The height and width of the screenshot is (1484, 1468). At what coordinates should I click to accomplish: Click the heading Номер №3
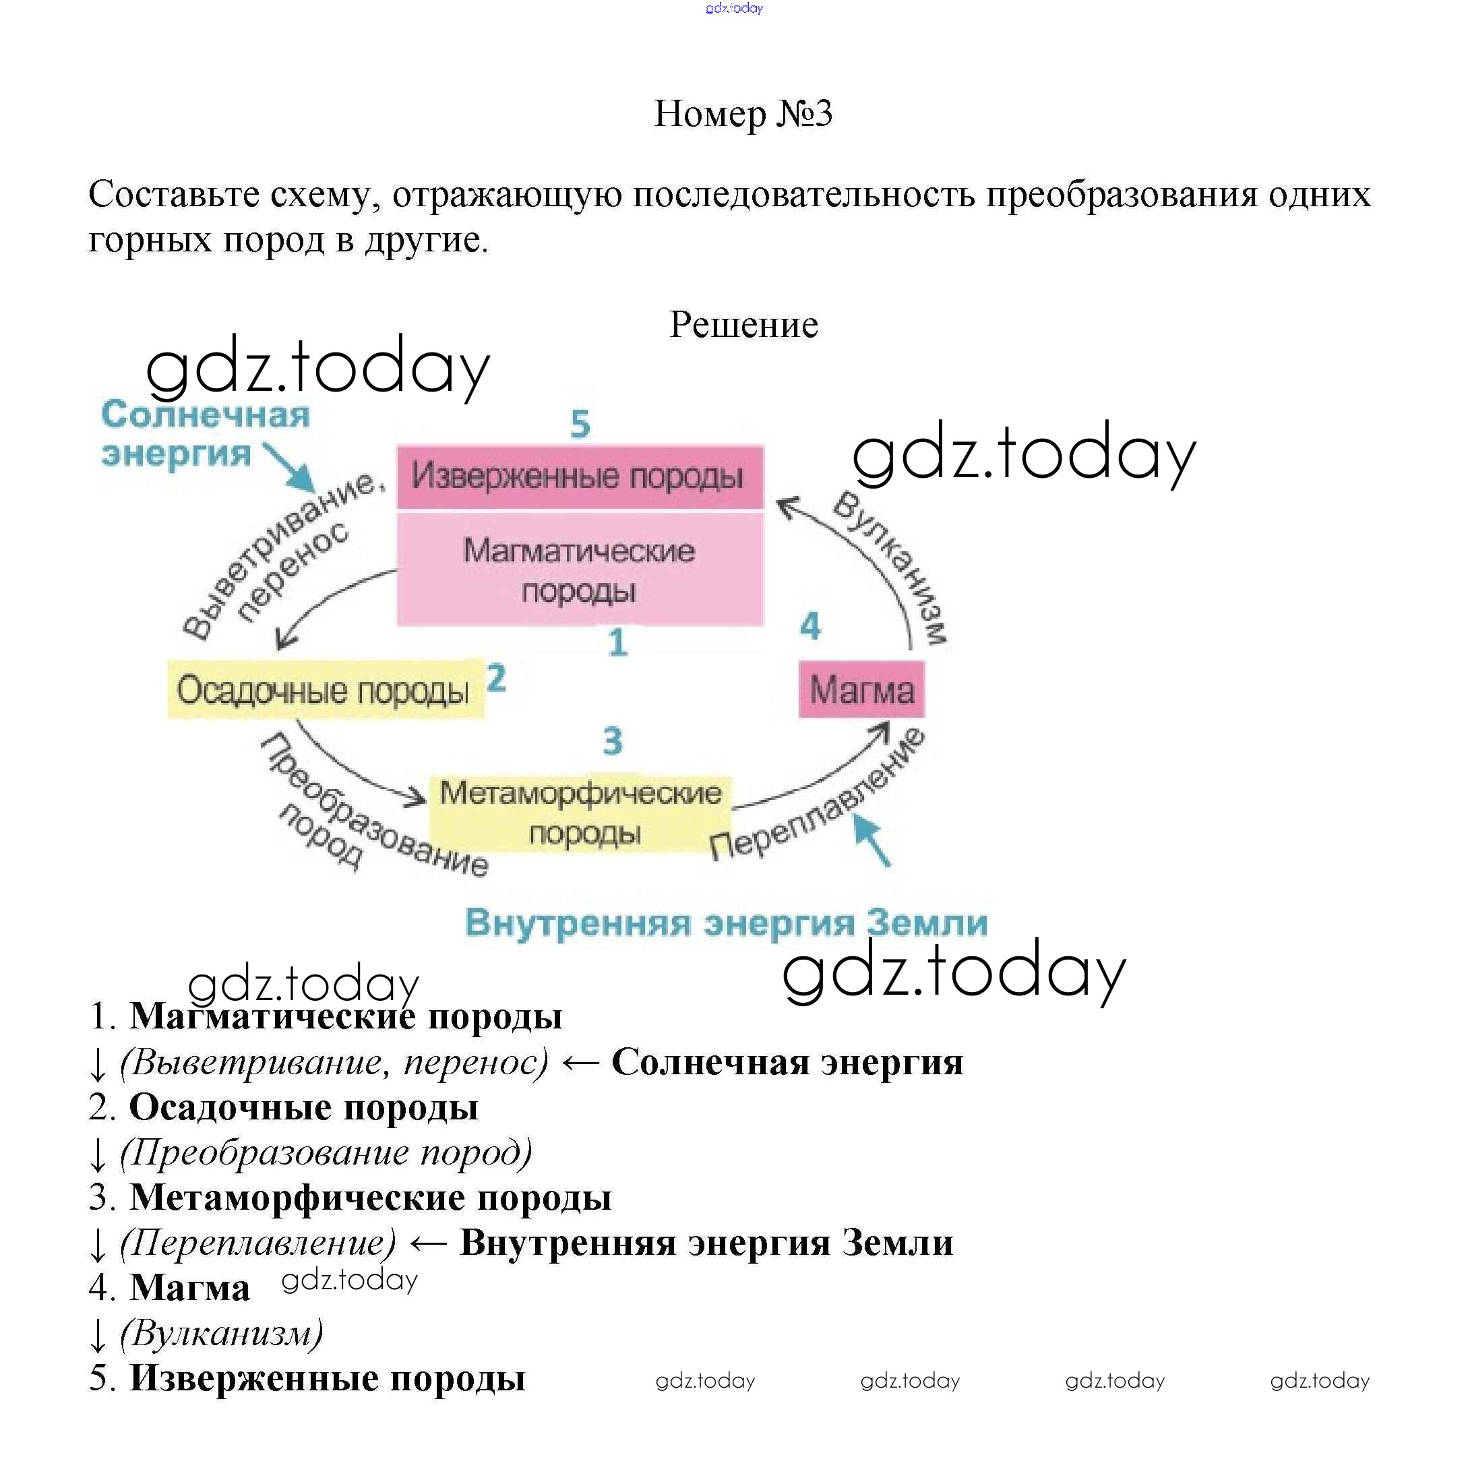(x=742, y=114)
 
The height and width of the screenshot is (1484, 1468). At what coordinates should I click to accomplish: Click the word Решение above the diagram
(x=743, y=324)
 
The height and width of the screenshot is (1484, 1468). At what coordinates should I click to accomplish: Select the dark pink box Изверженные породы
(x=579, y=476)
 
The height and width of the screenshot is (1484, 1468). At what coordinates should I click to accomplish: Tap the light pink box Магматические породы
(x=579, y=569)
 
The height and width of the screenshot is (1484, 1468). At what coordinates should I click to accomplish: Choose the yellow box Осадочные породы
(x=325, y=689)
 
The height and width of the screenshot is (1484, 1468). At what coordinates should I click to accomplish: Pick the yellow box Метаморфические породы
(x=580, y=813)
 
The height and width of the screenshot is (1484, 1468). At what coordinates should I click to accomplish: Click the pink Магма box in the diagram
(x=861, y=689)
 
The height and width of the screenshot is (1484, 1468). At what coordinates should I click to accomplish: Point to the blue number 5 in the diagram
(x=580, y=423)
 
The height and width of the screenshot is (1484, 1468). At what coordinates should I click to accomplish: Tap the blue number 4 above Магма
(x=809, y=626)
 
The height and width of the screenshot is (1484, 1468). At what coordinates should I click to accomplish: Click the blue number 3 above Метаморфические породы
(x=612, y=741)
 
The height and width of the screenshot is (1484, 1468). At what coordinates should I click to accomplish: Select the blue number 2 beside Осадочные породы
(x=496, y=678)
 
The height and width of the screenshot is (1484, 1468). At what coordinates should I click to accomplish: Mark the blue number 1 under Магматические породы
(x=617, y=642)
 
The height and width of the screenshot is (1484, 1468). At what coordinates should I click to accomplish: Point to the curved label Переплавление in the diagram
(x=819, y=796)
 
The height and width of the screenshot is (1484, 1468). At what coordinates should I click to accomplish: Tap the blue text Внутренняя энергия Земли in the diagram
(x=726, y=922)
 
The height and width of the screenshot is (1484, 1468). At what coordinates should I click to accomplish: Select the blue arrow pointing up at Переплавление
(x=873, y=840)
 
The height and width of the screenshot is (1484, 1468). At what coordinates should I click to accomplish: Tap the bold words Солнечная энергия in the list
(x=787, y=1062)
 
